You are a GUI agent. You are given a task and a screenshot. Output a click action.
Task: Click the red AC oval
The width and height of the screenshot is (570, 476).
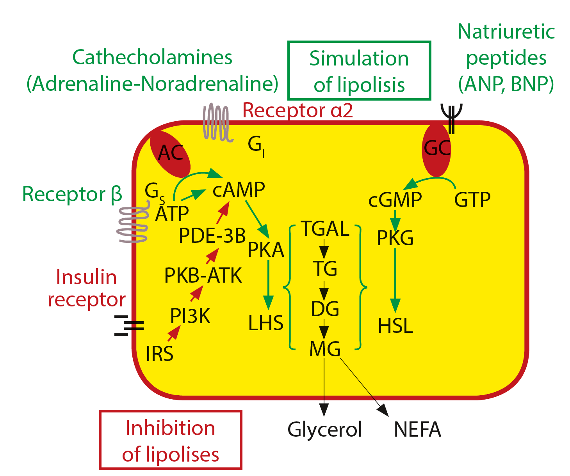[170, 153]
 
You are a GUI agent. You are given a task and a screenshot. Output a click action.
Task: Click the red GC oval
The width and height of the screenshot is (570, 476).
[436, 149]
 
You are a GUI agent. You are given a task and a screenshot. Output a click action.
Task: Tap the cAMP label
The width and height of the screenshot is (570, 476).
[239, 190]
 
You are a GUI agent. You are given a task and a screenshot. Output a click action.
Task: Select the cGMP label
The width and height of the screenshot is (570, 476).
[395, 200]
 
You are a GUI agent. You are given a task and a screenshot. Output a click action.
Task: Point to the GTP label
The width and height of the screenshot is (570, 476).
[472, 200]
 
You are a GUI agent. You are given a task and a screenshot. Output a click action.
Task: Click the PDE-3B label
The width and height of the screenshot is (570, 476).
[212, 235]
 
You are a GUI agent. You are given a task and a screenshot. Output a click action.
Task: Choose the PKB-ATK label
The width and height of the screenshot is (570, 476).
[203, 275]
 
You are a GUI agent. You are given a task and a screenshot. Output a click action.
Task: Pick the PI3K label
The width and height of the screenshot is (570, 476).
[190, 316]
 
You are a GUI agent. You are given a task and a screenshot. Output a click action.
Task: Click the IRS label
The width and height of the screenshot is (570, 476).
[159, 354]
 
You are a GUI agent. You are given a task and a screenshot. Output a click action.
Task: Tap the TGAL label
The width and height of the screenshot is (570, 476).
[325, 228]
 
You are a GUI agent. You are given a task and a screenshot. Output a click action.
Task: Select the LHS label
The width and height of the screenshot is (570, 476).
[266, 323]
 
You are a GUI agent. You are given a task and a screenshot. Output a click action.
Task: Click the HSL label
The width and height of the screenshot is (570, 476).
[395, 326]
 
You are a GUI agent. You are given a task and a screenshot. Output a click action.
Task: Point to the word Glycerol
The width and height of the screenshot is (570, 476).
[325, 429]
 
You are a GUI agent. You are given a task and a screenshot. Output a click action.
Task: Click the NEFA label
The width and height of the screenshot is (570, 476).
[417, 429]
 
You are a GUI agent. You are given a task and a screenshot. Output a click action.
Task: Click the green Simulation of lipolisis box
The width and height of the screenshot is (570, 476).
[359, 71]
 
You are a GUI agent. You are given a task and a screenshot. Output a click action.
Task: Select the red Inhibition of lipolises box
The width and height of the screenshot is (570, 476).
[171, 440]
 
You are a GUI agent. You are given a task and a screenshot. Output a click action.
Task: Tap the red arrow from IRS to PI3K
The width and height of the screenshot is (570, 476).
[174, 333]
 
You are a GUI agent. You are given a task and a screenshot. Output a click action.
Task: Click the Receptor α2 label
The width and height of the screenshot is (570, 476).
[297, 110]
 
